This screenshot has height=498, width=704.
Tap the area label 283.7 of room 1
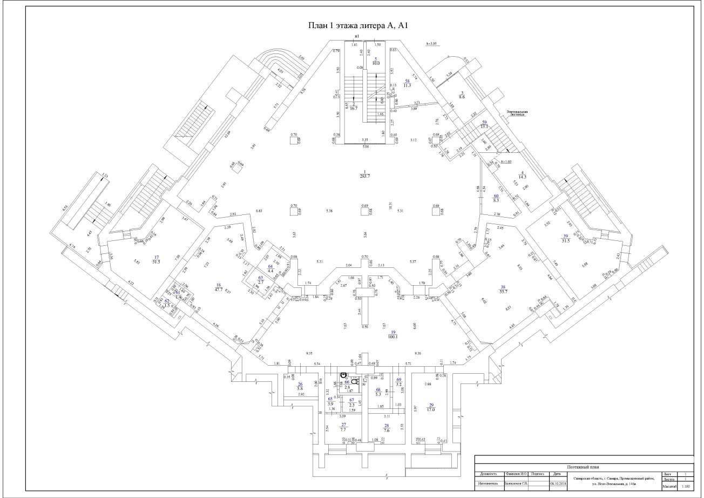[x=365, y=176]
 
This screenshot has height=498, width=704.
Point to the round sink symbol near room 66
[x=343, y=374]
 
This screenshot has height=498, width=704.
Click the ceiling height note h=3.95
[x=434, y=44]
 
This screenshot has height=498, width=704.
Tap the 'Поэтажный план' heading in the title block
[x=583, y=467]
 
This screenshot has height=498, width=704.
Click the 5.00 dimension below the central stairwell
[x=365, y=146]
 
